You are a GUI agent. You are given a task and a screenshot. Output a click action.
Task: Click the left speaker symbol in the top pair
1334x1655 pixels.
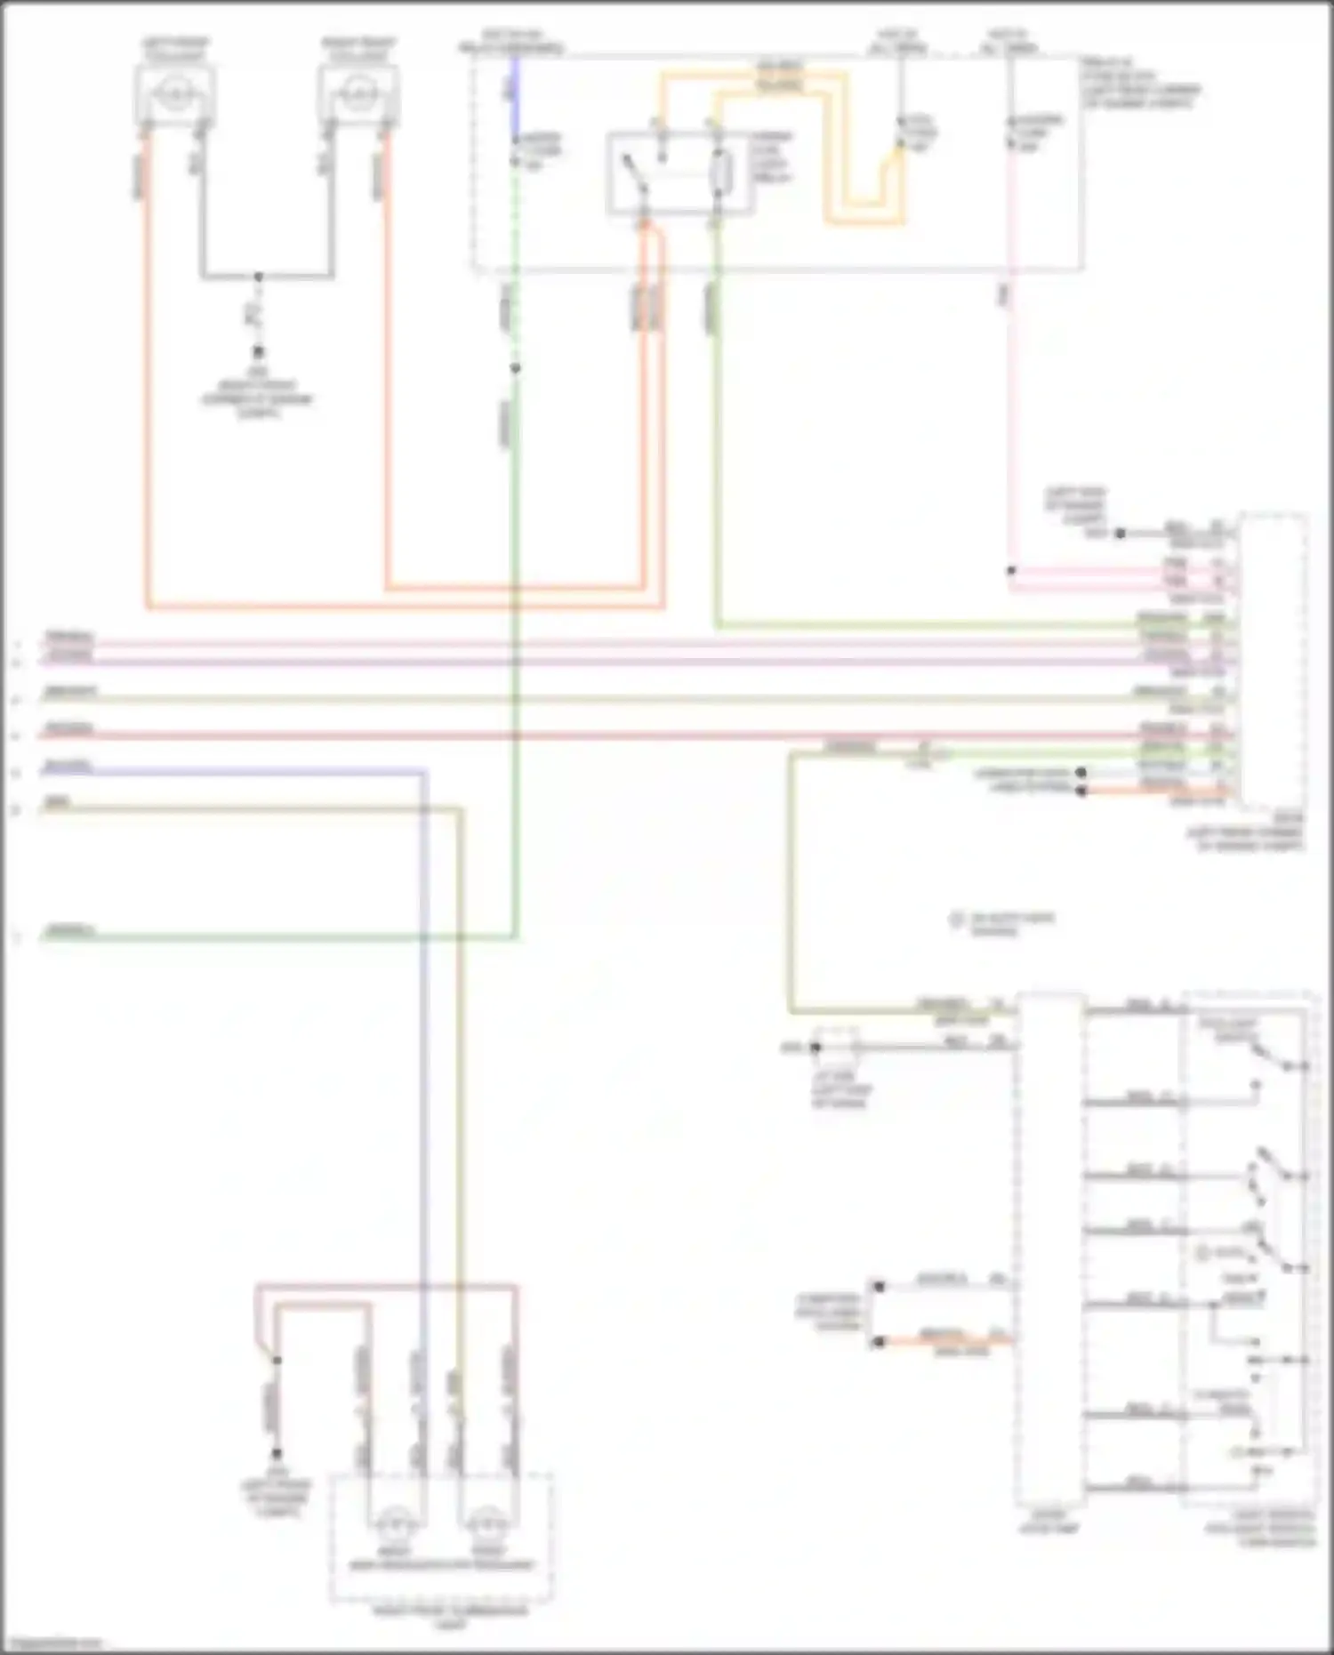[174, 92]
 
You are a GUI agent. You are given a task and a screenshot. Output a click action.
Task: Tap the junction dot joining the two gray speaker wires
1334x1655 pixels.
[259, 277]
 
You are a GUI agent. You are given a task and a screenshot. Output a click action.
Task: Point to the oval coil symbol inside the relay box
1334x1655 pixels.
[722, 171]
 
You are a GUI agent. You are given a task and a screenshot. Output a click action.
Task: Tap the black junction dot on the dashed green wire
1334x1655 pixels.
[515, 368]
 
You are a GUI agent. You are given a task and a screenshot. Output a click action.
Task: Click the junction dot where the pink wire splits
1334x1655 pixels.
[1011, 570]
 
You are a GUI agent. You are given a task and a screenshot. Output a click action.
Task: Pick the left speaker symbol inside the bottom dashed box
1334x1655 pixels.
[392, 1526]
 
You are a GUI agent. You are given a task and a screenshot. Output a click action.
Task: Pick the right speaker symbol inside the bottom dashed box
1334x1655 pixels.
[486, 1526]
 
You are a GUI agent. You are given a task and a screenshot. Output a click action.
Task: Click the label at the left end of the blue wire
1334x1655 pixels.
[68, 766]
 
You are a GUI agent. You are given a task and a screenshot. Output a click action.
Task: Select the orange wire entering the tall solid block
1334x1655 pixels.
[943, 1339]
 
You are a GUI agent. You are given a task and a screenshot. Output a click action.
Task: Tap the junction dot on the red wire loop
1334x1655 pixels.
[277, 1361]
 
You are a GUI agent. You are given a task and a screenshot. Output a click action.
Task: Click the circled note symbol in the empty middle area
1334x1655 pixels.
[957, 920]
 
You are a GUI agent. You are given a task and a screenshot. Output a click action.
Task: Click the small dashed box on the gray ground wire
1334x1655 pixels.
[837, 1047]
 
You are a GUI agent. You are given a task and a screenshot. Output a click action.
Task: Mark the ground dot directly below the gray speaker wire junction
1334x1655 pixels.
[259, 352]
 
